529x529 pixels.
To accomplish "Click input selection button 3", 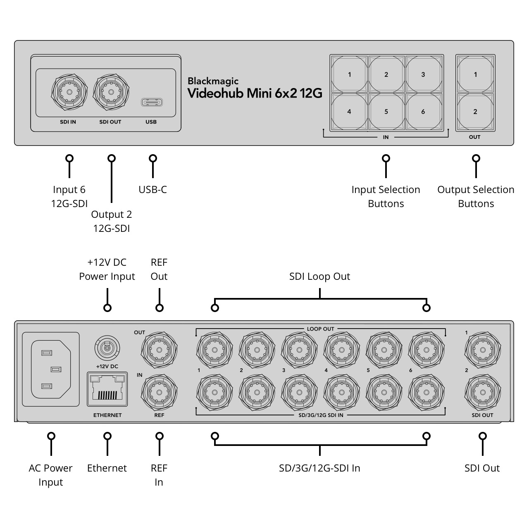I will pos(423,75).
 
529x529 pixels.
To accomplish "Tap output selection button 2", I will pos(475,112).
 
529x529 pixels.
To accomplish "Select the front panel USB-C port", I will pos(152,102).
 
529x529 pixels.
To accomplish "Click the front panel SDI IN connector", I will pos(69,92).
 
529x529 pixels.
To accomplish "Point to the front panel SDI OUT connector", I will pos(111,92).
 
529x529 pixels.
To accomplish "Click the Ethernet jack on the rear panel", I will pos(107,389).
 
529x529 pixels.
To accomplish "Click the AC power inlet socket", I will pos(50,369).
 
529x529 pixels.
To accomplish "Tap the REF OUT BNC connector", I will pos(159,350).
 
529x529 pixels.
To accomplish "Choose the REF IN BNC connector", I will pos(159,391).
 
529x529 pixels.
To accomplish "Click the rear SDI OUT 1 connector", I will pos(482,350).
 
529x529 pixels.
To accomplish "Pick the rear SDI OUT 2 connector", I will pos(482,391).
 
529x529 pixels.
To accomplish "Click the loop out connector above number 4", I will pos(341,350).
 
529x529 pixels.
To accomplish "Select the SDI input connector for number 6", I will pos(426,391).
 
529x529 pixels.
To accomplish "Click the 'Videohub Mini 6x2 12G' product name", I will pos(255,93).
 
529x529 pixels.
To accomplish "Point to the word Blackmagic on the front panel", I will pos(213,81).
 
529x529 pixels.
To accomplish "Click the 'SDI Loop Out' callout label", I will pos(319,276).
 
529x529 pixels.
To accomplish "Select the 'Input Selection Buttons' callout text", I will pos(386,196).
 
